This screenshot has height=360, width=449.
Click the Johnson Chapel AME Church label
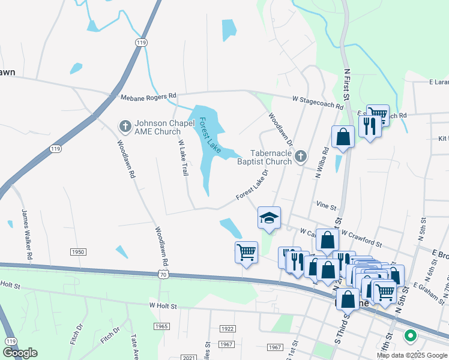pyautogui.click(x=157, y=127)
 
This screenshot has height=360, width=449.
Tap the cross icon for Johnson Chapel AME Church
pyautogui.click(x=125, y=126)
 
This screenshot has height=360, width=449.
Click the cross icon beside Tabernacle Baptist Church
pyautogui.click(x=301, y=157)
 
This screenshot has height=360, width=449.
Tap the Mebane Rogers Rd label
pyautogui.click(x=148, y=96)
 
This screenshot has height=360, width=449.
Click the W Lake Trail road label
pyautogui.click(x=182, y=158)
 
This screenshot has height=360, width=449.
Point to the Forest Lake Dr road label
pyautogui.click(x=252, y=184)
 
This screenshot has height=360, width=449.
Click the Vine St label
pyautogui.click(x=326, y=206)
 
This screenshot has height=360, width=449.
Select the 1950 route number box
pyautogui.click(x=77, y=252)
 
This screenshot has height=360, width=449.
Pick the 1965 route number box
pyautogui.click(x=161, y=326)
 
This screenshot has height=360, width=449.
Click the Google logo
pyautogui.click(x=20, y=353)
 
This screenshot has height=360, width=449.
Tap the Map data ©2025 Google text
pyautogui.click(x=412, y=355)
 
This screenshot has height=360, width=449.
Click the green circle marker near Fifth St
pyautogui.click(x=411, y=335)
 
